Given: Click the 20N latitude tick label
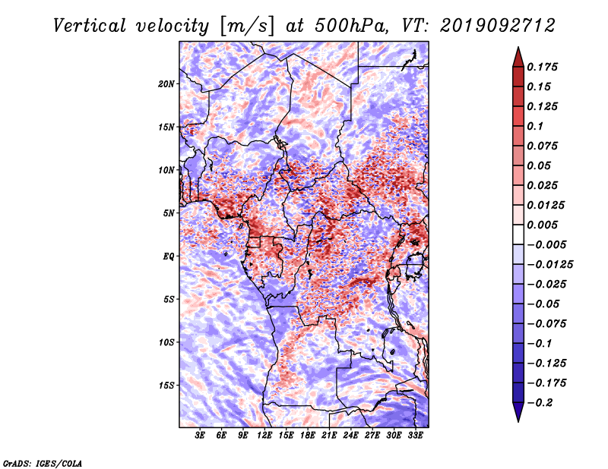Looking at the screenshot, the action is click(166, 84).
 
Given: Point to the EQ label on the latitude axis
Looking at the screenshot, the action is click(169, 257).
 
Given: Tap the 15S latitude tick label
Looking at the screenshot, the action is click(166, 386).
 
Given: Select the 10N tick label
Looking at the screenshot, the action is click(166, 170).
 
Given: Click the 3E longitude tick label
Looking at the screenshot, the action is click(200, 436).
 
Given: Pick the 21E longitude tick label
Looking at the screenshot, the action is click(329, 436).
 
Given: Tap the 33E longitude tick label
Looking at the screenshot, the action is click(415, 436).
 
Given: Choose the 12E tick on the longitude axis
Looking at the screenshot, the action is click(264, 436).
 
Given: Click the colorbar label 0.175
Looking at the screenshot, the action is click(543, 67).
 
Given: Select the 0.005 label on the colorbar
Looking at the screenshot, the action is click(543, 225).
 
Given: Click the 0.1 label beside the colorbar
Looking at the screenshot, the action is click(536, 126).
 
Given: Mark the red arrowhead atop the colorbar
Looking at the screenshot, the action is click(518, 58).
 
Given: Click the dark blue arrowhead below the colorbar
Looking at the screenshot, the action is click(518, 412).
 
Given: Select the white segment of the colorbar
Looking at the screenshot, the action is click(518, 234).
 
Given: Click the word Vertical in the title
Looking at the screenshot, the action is click(90, 26).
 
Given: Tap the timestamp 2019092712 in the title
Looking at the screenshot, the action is click(498, 26).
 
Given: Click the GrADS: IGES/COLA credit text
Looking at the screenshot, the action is click(43, 464).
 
